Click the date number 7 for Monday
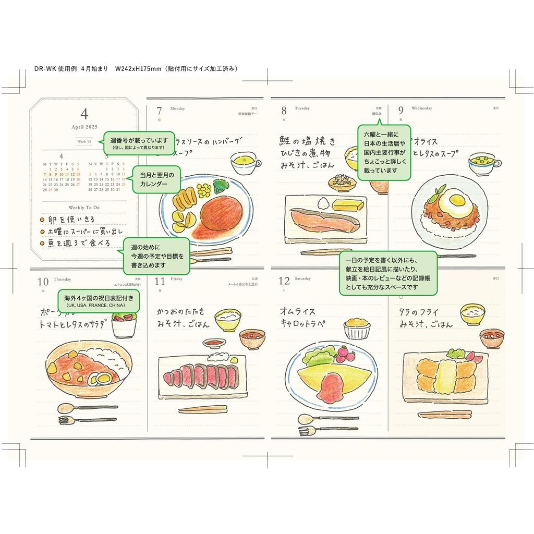160,111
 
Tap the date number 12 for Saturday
284,282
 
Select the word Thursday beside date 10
63,279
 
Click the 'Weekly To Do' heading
84,208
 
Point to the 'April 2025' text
84,127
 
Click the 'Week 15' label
84,141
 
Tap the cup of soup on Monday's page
245,164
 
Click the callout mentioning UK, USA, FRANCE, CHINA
99,300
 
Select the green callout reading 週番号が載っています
138,143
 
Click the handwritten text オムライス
298,311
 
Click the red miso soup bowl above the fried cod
491,337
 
